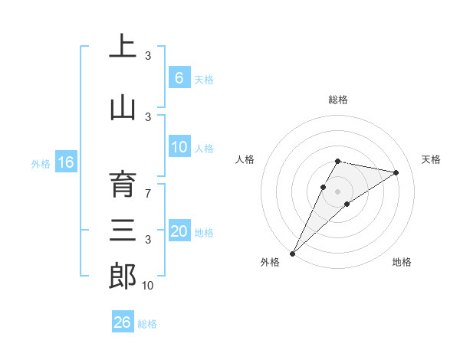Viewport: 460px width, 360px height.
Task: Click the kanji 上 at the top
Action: [122, 47]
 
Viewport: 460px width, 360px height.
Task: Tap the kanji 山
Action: [122, 108]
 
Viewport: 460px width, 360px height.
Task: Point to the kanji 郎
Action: [122, 277]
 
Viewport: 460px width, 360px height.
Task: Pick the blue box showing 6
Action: [179, 78]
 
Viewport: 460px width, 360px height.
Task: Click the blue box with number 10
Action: [179, 148]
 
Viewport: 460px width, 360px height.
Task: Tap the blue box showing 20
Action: [179, 232]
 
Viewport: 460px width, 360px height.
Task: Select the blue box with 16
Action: [65, 162]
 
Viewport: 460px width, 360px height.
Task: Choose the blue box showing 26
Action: [122, 322]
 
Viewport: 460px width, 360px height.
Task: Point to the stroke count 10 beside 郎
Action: [148, 286]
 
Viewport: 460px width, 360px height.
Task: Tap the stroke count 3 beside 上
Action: [148, 56]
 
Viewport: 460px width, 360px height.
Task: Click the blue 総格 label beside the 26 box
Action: [147, 324]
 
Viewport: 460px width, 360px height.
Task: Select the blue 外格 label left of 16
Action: [41, 163]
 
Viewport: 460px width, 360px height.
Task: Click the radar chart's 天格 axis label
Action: [431, 159]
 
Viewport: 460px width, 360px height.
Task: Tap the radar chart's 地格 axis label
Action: [402, 262]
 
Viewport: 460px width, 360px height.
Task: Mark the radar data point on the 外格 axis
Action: [292, 253]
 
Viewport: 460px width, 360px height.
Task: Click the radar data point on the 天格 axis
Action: [396, 172]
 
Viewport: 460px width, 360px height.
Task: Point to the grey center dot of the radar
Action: [337, 191]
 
